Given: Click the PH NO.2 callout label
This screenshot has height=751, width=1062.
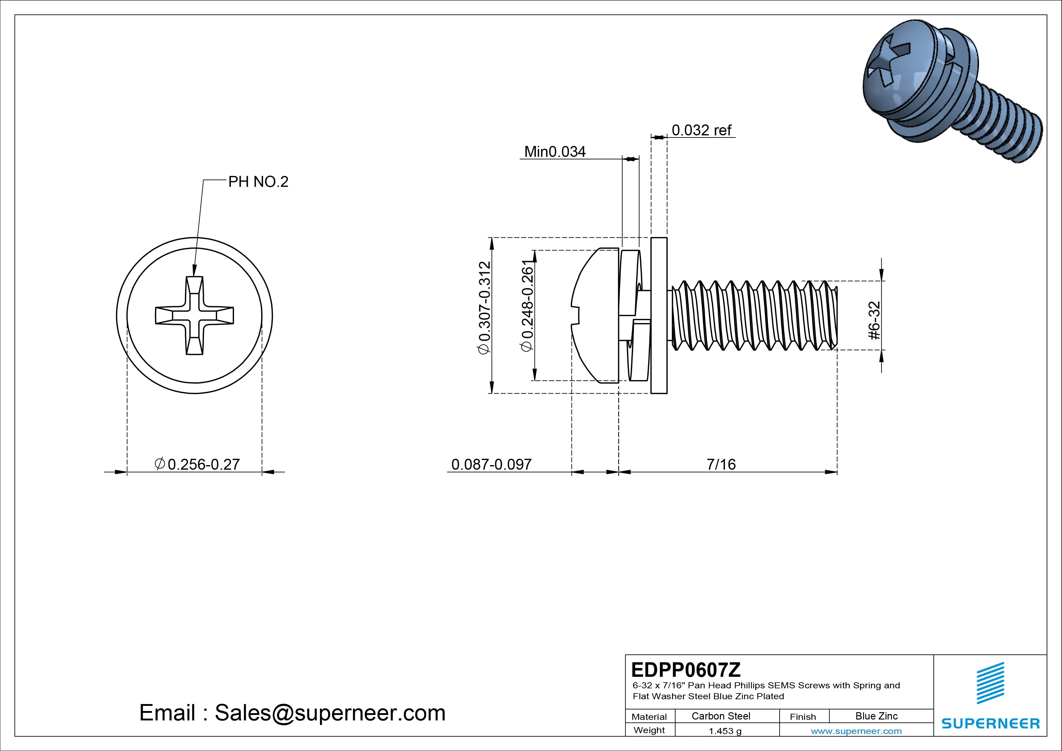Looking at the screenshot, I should click(x=258, y=182).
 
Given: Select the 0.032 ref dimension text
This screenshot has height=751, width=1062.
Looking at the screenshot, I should click(x=701, y=131).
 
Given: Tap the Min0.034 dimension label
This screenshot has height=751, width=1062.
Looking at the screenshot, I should click(x=555, y=152).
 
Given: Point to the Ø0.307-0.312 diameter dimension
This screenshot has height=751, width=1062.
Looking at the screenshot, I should click(x=484, y=308).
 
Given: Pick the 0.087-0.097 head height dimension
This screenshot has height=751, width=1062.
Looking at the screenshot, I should click(x=491, y=464).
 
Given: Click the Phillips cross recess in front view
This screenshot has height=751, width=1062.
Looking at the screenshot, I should click(x=194, y=316).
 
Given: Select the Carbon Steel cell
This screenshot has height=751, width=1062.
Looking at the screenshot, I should click(x=721, y=716).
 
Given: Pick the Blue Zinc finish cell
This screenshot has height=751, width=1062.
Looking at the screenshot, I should click(x=876, y=716).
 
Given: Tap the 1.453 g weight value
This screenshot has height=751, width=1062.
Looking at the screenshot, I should click(x=725, y=731).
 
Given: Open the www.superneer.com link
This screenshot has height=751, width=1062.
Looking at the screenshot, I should click(x=856, y=731).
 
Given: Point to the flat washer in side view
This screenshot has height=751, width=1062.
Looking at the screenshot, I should click(x=659, y=316).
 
